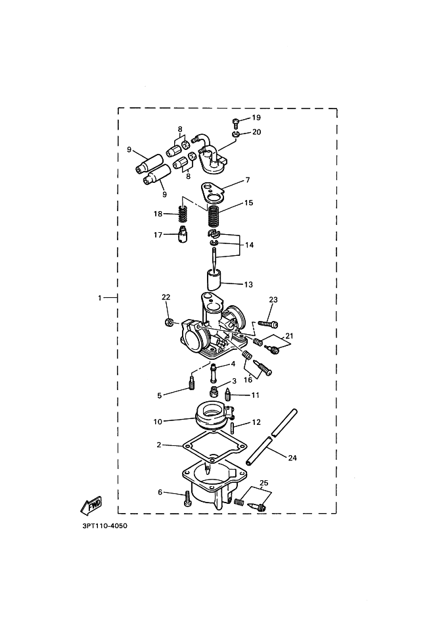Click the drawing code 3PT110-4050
click(101, 526)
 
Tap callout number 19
click(256, 118)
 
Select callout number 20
click(256, 132)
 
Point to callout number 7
click(247, 180)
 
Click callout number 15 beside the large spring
click(248, 203)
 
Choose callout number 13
click(248, 285)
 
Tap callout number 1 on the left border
click(101, 298)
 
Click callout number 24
click(292, 458)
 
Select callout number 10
click(158, 421)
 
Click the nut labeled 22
click(168, 323)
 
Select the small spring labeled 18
click(184, 214)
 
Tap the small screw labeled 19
click(235, 121)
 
